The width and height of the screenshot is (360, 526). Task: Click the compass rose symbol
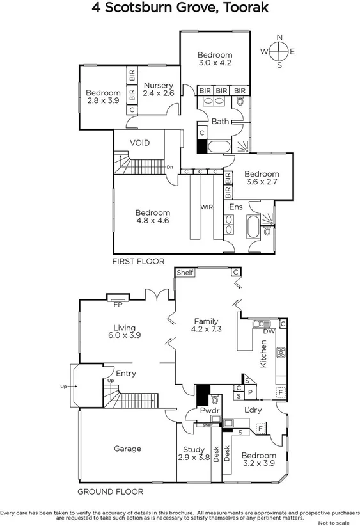pos(279,51)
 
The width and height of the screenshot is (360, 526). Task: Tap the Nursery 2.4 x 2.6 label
pos(158,90)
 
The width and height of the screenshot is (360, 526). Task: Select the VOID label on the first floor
pos(139,143)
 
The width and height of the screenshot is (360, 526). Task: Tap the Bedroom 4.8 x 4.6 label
pos(152,217)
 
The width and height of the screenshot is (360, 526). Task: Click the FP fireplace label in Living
pos(118,305)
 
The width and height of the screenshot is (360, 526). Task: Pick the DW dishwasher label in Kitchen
pos(269,331)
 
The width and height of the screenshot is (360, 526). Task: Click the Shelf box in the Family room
pos(185,273)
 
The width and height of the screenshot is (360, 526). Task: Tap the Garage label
pos(127,449)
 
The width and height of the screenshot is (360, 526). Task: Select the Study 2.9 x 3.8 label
pos(194,454)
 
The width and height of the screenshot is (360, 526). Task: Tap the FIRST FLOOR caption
pos(138,261)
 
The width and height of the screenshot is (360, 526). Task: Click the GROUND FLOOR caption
pos(110,491)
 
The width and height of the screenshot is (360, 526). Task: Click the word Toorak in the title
pos(242,8)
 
